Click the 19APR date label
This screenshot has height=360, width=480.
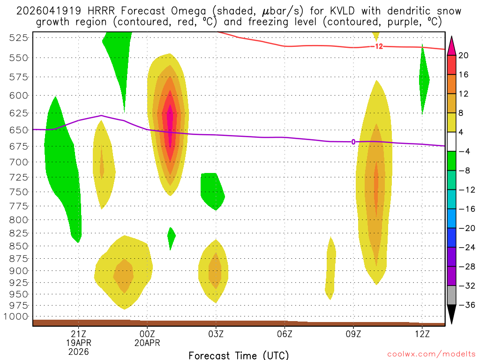(79, 342)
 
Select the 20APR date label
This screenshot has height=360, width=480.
(147, 342)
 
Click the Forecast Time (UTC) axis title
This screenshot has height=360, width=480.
(239, 355)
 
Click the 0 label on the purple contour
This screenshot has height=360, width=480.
(353, 142)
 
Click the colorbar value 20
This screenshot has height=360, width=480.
(464, 55)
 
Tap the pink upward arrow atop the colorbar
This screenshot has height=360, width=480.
(452, 45)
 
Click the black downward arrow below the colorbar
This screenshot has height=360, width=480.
(452, 315)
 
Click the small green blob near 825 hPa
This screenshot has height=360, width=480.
(171, 238)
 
